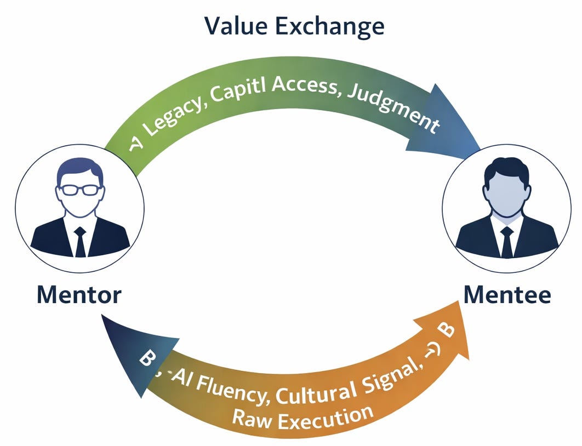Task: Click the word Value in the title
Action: coord(239,26)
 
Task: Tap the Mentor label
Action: coord(79,295)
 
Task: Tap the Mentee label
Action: coord(507,295)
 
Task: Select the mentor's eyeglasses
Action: coord(80,190)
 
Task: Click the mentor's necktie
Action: coord(80,241)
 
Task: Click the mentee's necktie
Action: coord(507,241)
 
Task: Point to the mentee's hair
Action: coord(507,169)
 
